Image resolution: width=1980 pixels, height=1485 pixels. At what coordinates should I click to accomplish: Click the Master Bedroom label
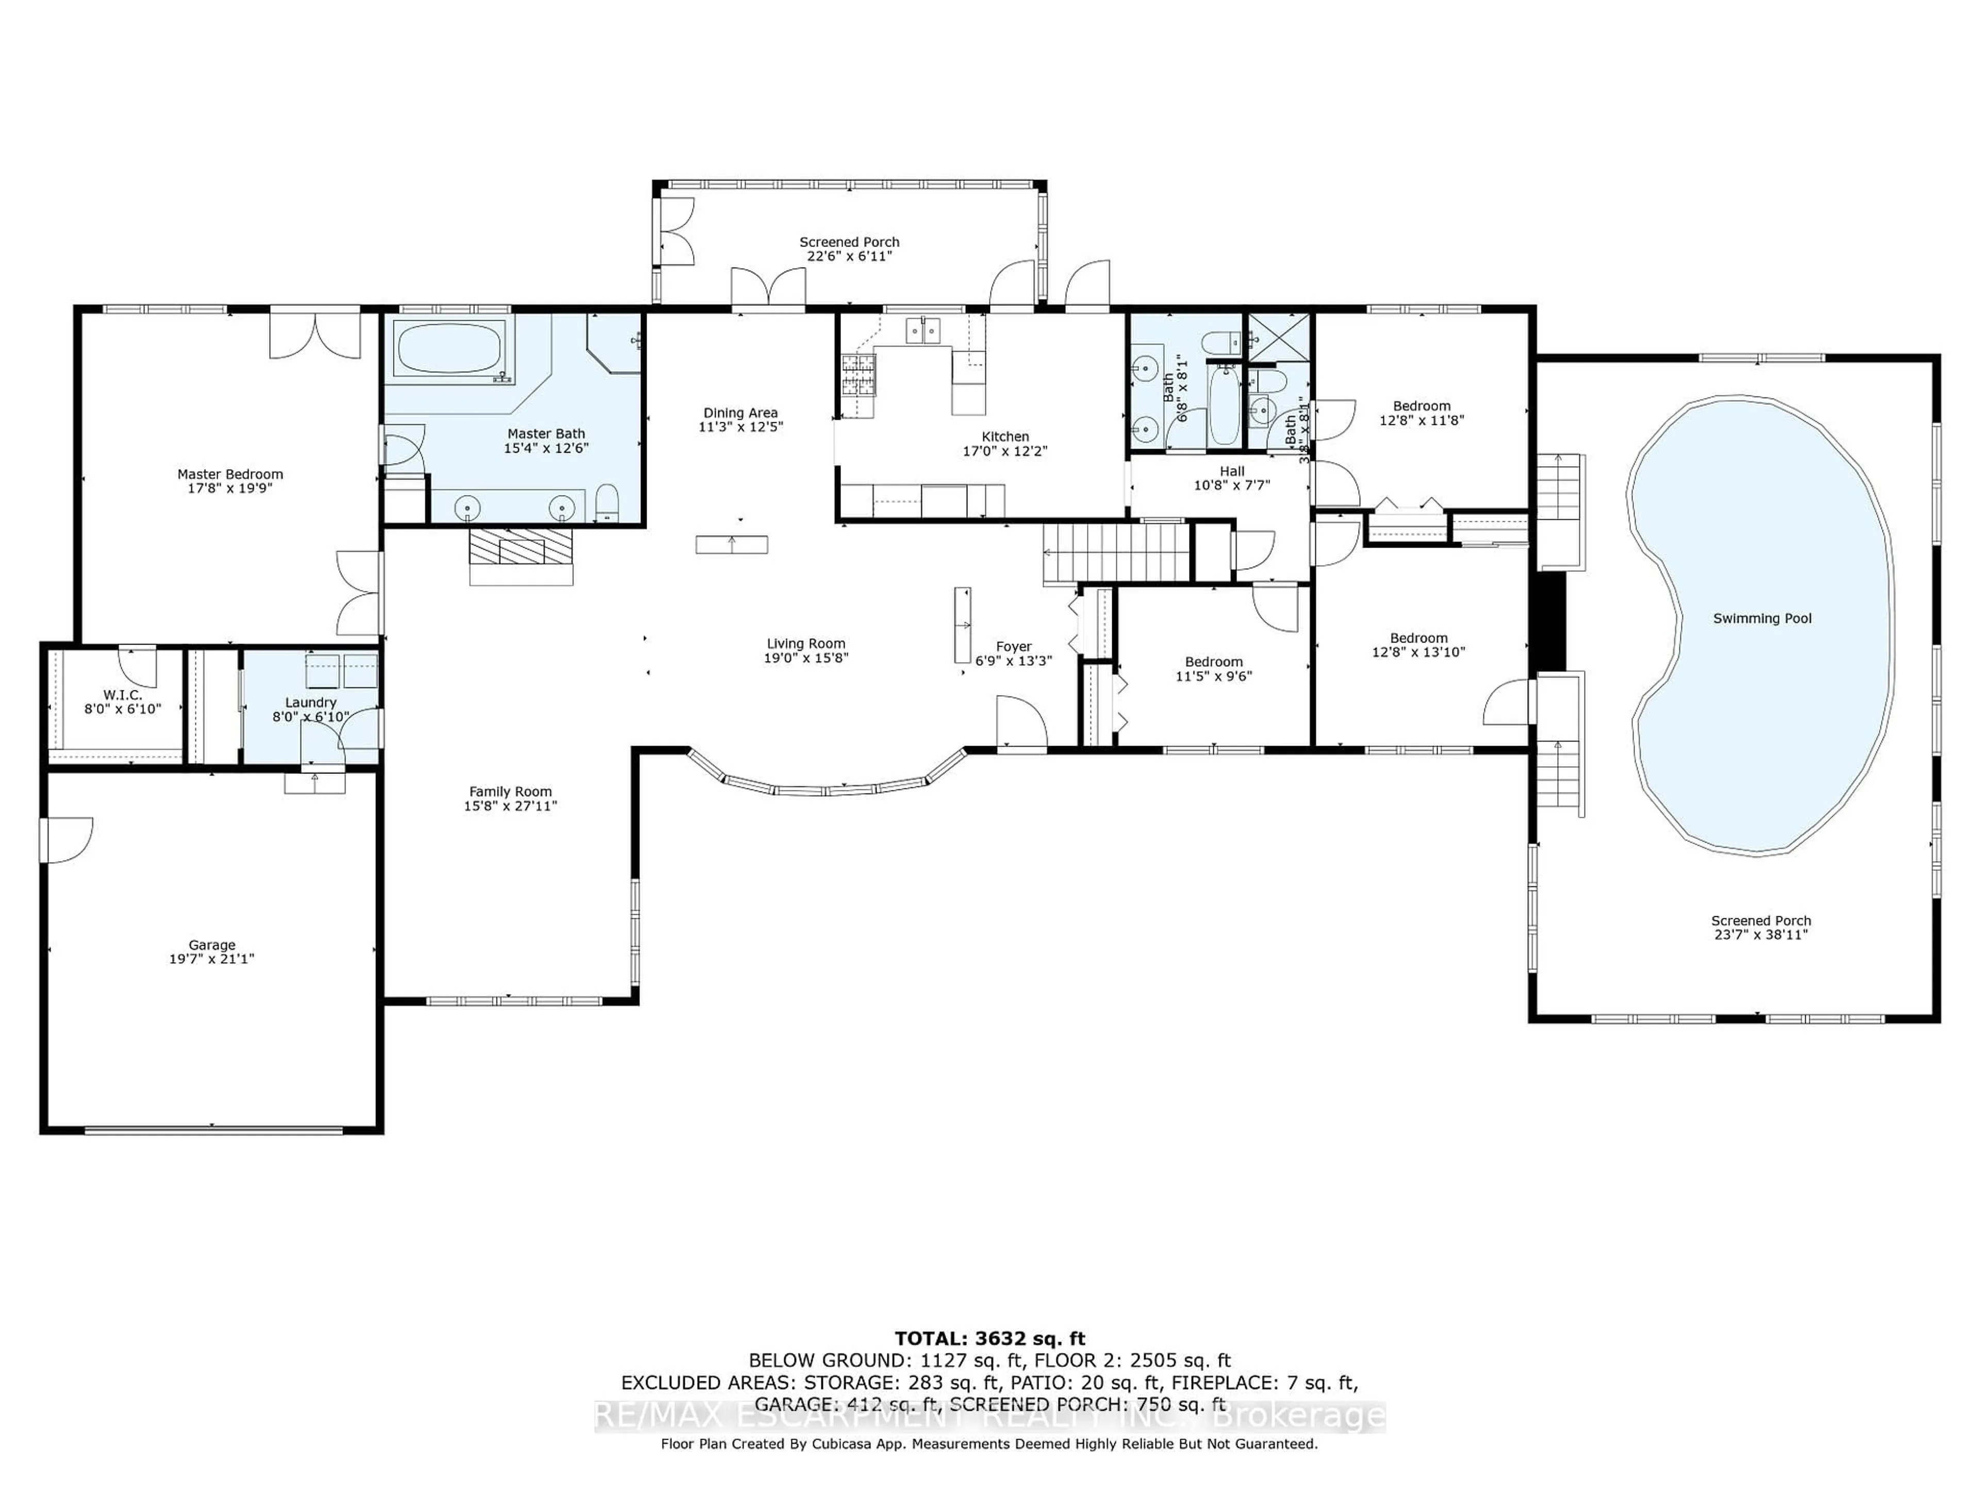(230, 474)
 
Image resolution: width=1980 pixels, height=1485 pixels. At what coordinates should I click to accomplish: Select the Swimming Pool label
(1761, 619)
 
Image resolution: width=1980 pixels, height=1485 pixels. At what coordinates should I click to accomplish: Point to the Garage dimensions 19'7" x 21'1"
(212, 959)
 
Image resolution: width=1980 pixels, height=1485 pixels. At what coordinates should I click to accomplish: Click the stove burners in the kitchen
(857, 375)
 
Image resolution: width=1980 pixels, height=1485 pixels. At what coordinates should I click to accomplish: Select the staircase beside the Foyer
(1115, 552)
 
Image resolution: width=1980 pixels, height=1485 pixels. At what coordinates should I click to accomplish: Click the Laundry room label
(310, 703)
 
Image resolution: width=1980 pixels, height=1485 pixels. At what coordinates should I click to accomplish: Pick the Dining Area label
(740, 412)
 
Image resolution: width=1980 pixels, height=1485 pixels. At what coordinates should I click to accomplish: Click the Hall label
(1232, 471)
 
